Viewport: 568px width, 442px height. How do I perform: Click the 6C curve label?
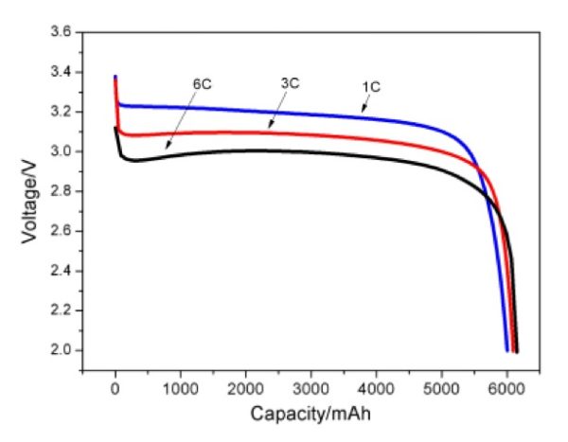pyautogui.click(x=202, y=84)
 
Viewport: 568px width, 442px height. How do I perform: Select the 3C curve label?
pyautogui.click(x=291, y=82)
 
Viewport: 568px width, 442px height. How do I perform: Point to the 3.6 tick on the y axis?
pyautogui.click(x=61, y=32)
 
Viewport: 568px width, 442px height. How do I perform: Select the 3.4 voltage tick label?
pyautogui.click(x=61, y=72)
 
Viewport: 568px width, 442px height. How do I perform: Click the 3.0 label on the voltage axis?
pyautogui.click(x=61, y=151)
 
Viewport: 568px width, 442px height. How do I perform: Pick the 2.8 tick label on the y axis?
pyautogui.click(x=61, y=191)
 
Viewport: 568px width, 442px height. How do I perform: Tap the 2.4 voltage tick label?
pyautogui.click(x=61, y=271)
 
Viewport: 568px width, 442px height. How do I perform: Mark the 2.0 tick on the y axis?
pyautogui.click(x=61, y=350)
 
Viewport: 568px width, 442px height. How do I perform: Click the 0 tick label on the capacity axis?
pyautogui.click(x=115, y=389)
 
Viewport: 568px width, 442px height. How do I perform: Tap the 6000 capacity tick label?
pyautogui.click(x=507, y=389)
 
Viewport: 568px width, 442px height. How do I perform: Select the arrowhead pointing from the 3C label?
pyautogui.click(x=269, y=126)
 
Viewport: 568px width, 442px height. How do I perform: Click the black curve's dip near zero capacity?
pyautogui.click(x=135, y=161)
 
